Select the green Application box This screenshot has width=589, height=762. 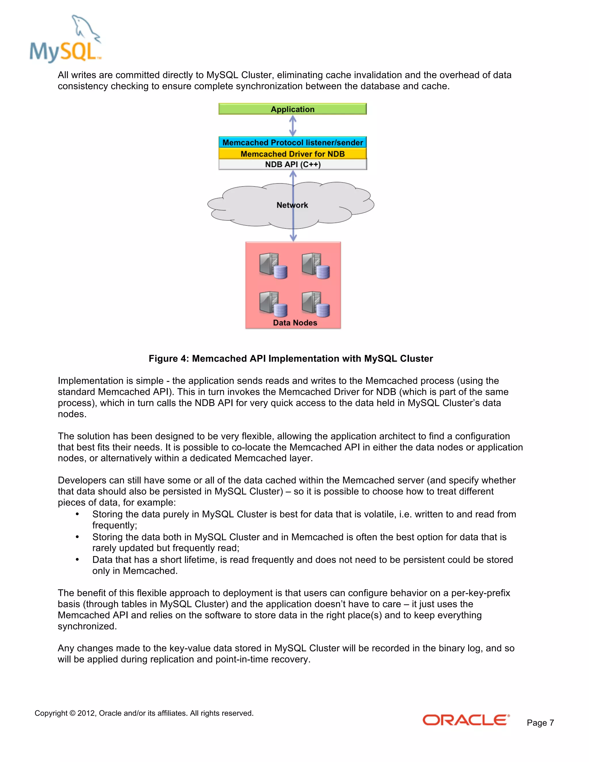coord(292,109)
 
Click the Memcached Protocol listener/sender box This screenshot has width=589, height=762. coord(292,142)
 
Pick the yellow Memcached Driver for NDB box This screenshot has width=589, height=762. coord(292,154)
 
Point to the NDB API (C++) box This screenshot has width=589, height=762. coord(292,164)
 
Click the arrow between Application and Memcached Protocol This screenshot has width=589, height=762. coord(293,126)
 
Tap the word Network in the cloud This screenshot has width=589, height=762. coord(292,205)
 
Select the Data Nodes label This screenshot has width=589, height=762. coord(295,323)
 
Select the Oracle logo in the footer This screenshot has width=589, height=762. coord(466,720)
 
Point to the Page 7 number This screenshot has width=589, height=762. coord(540,723)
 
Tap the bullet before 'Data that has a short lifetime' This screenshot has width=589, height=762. coord(77,560)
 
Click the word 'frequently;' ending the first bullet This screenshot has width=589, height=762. coord(114,525)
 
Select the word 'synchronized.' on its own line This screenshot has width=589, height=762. coord(87,626)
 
